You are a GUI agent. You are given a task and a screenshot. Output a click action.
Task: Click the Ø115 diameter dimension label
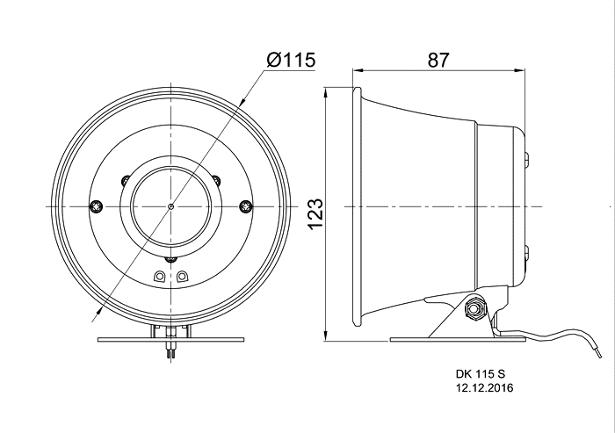pos(291,60)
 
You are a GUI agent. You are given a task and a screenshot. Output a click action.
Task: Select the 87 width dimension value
pos(438,60)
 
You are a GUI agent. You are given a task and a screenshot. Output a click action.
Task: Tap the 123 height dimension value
pos(315,214)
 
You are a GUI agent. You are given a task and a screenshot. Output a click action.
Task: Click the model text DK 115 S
pos(481,373)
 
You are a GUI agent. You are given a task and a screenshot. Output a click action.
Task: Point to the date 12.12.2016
pos(484,387)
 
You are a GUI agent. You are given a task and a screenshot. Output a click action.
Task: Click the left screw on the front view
pos(97,206)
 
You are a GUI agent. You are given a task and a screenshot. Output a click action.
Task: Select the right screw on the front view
pos(246,206)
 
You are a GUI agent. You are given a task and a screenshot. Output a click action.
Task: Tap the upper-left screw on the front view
pos(126,180)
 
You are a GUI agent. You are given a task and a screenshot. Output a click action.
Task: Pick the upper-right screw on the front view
pos(216,180)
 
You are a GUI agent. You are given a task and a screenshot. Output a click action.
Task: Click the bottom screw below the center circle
pos(171,259)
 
